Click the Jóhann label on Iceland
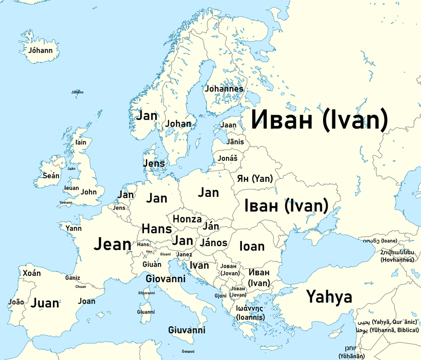coord(40,50)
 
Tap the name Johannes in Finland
coord(224,88)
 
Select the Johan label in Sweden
coord(178,124)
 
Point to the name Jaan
coord(229,125)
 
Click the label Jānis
coord(235,142)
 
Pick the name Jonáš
coord(227,158)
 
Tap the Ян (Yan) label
coord(255,179)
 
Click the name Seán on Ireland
coord(51,176)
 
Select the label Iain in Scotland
coord(81,142)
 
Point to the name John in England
coord(89,192)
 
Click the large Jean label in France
coord(113,244)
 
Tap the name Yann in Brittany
coord(74,228)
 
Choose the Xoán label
coord(32,273)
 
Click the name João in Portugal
coord(16,302)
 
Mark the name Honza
coord(187,219)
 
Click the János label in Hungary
coord(213,243)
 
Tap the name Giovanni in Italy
coord(165,279)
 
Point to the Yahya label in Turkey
coord(329,297)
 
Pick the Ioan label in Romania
coord(252,246)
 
